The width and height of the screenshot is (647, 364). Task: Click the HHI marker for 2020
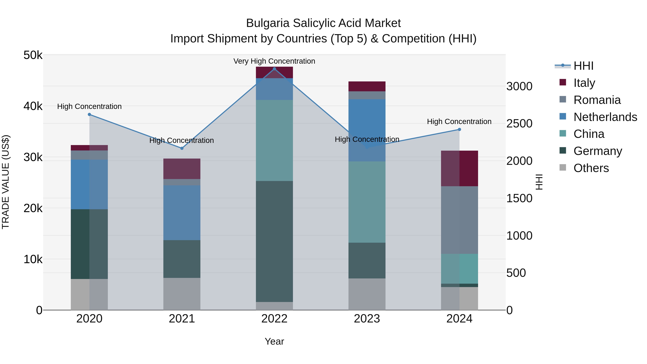point(90,115)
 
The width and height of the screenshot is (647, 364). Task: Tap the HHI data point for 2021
point(182,148)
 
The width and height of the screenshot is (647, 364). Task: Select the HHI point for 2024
point(459,130)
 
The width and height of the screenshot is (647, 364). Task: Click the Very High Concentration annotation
point(274,61)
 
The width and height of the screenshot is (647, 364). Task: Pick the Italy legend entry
point(584,83)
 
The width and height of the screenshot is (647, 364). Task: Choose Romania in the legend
point(597,100)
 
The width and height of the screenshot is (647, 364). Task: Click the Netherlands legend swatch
point(563,116)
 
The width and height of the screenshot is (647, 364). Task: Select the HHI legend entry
point(583,66)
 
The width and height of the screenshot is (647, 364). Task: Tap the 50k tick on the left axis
point(33,55)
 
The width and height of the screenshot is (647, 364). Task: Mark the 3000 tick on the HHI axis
point(519,86)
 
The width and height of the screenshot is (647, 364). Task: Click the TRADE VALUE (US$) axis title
point(6,182)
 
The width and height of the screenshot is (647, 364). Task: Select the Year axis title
point(274,342)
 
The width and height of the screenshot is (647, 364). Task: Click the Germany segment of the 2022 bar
point(274,241)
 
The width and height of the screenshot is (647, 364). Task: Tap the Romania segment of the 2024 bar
point(459,220)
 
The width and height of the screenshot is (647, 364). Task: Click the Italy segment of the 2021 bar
point(182,169)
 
